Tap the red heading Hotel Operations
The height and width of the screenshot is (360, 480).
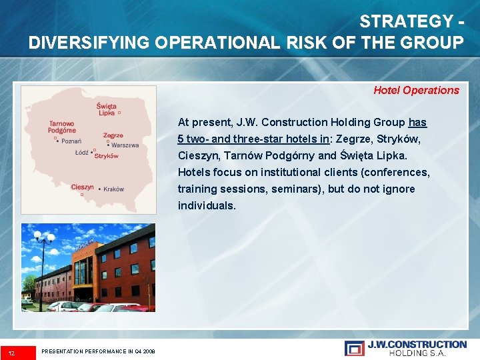[x=416, y=90]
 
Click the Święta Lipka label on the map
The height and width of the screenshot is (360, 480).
[x=107, y=109]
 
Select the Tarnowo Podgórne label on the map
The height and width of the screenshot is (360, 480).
[x=61, y=127]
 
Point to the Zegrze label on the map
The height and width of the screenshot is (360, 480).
[x=113, y=135]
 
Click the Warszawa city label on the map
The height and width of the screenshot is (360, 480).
[x=125, y=145]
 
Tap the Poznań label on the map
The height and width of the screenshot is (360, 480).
[x=71, y=141]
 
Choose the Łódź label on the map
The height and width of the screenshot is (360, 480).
[x=82, y=153]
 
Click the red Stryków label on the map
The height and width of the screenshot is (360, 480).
[x=107, y=156]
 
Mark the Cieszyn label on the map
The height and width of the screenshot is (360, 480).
[x=82, y=187]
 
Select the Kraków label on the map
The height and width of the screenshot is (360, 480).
[x=113, y=189]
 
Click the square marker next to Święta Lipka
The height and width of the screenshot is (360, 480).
[x=119, y=113]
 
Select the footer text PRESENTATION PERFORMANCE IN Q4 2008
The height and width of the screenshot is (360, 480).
[x=98, y=351]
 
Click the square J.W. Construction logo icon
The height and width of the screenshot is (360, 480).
[x=355, y=348]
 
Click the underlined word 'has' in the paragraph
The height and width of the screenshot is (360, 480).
[x=417, y=122]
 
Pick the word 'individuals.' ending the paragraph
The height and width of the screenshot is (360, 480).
[x=207, y=205]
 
